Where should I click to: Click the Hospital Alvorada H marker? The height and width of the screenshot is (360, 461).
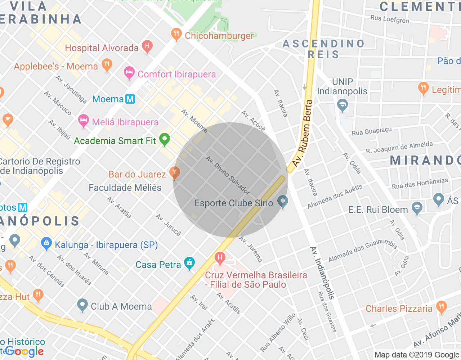coord(147,46)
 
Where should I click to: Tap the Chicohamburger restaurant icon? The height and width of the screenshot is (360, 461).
coord(176,35)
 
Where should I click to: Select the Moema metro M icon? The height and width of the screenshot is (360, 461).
coord(130,99)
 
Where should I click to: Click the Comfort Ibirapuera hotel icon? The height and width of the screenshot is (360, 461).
coord(129,73)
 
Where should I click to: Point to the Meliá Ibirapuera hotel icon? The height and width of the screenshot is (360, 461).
coord(84,121)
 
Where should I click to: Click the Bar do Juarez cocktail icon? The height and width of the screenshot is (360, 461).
coord(175,173)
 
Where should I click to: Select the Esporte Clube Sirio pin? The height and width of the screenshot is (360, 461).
coord(283,201)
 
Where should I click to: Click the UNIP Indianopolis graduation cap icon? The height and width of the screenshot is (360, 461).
coord(343,105)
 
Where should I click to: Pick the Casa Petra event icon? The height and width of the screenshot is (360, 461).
coord(189,263)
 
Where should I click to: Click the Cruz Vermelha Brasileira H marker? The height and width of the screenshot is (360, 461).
coord(220,257)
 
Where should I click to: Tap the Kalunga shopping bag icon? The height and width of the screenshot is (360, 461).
coord(46,244)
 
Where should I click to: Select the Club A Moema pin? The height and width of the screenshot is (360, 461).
coord(82,305)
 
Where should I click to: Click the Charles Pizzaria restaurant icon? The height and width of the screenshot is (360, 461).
coord(441,307)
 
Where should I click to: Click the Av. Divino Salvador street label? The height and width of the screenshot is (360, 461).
coord(228,175)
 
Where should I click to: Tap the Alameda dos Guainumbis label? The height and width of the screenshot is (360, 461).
coord(362,251)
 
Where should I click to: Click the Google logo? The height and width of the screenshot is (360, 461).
coord(24,352)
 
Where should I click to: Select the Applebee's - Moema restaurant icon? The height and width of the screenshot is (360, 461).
coord(107,65)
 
